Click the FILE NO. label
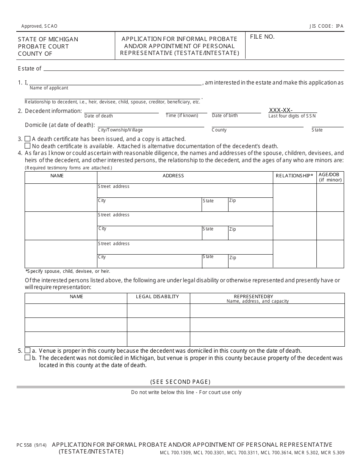[262, 37]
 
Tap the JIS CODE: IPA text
[326, 26]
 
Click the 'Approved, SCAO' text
[39, 26]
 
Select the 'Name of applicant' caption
[49, 88]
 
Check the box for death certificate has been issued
[27, 139]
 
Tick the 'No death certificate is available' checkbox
[27, 146]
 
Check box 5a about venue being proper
[27, 350]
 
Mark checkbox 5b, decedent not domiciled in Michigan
[27, 358]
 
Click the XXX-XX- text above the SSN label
[280, 110]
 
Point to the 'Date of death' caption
[99, 116]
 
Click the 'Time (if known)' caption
[182, 116]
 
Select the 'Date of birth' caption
[225, 116]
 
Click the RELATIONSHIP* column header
[294, 176]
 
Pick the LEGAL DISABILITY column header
[157, 297]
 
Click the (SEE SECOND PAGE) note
[180, 382]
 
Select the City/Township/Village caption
[120, 130]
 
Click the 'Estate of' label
[30, 69]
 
